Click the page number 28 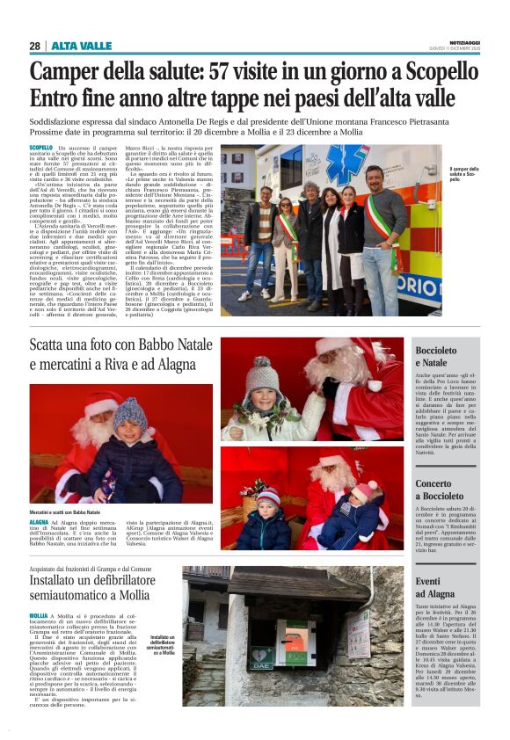click(x=35, y=46)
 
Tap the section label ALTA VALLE click(x=81, y=46)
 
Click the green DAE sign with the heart click(x=262, y=655)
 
